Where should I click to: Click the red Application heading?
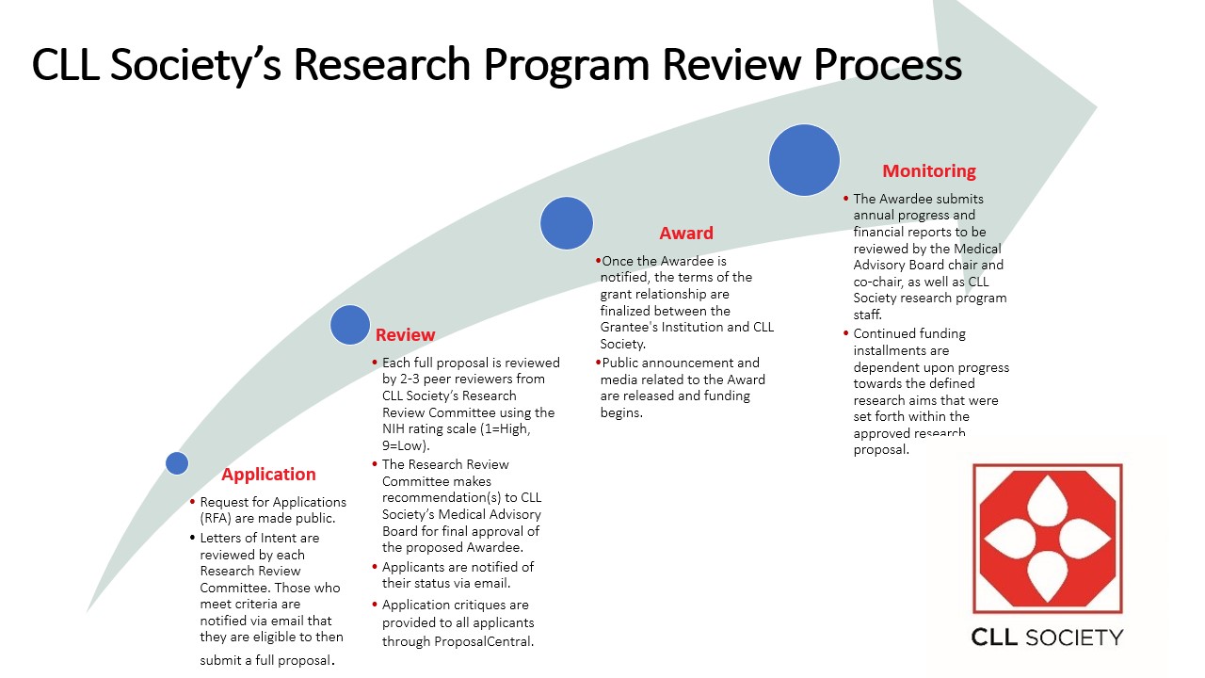point(268,475)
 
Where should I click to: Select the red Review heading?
point(405,335)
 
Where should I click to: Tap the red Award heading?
point(685,234)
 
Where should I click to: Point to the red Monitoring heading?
point(928,171)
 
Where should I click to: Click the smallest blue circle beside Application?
point(177,463)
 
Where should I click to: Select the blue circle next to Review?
point(350,325)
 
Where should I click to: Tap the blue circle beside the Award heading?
point(567,223)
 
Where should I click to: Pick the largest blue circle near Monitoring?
point(804,160)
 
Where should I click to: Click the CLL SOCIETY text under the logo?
point(1047,638)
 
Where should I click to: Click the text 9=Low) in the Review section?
point(406,446)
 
